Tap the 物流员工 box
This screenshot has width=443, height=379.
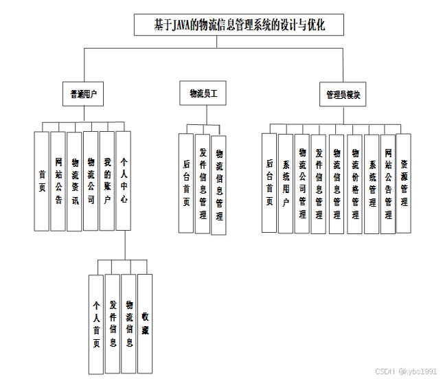[x=203, y=93]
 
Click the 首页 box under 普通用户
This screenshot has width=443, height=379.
[x=42, y=181]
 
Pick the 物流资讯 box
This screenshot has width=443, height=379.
[x=75, y=181]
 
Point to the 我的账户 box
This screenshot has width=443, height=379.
[x=107, y=181]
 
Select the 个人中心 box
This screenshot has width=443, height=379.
[x=124, y=181]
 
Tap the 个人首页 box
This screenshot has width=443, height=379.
[x=96, y=323]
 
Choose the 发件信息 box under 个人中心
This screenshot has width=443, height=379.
[x=113, y=323]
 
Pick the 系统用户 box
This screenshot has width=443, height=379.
[x=286, y=183]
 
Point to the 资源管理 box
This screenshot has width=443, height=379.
[x=404, y=182]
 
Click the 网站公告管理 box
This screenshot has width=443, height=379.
[x=388, y=183]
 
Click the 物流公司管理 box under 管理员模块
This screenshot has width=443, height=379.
[x=302, y=183]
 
